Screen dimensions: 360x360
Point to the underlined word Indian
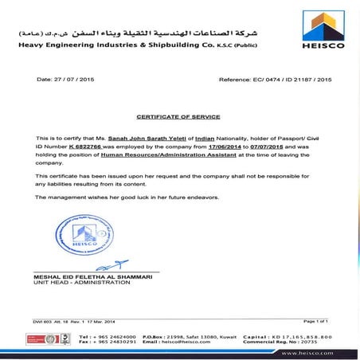206,139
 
